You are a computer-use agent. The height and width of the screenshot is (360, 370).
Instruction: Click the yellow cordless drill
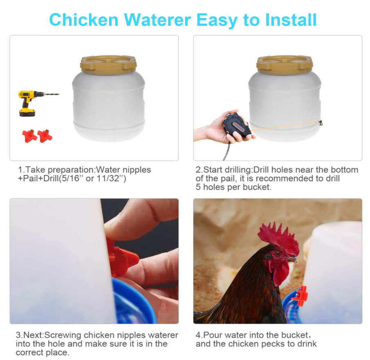tap(28, 103)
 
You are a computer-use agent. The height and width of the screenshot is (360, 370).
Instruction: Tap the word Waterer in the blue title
tap(157, 20)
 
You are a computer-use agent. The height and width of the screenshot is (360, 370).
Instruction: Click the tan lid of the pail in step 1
tap(108, 65)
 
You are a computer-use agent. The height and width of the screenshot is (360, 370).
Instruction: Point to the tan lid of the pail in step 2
tap(285, 65)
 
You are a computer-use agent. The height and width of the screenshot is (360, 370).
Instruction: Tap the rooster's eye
tap(277, 254)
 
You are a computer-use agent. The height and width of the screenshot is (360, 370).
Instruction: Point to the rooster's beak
tap(292, 259)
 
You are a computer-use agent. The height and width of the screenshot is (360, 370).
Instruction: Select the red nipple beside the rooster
tap(300, 296)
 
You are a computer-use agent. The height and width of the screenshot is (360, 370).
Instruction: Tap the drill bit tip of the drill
tap(59, 94)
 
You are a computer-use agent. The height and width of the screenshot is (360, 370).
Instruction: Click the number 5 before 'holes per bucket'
tap(198, 187)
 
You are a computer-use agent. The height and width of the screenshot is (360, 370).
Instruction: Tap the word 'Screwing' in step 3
tap(63, 335)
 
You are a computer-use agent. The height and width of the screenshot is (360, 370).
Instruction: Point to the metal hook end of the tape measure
tap(321, 122)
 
